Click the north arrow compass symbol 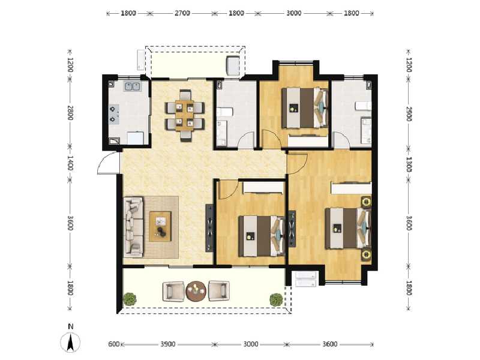(x=71, y=341)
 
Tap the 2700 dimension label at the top (x=182, y=13)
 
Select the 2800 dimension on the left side (x=70, y=113)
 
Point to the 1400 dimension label (x=70, y=163)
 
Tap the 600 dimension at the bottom (x=113, y=344)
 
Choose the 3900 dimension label (x=167, y=344)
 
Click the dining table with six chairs (x=184, y=115)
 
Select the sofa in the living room (x=133, y=227)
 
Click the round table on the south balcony (x=196, y=292)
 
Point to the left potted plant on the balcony (x=129, y=298)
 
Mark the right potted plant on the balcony (x=275, y=298)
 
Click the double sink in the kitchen (x=132, y=86)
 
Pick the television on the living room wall (x=209, y=228)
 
